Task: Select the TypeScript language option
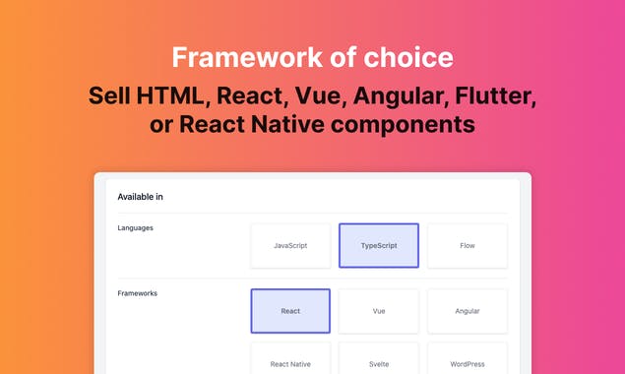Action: click(x=379, y=245)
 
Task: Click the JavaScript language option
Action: click(x=290, y=245)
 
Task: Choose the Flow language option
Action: click(x=468, y=245)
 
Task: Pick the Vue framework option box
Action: click(x=379, y=311)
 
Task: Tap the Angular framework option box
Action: click(x=468, y=311)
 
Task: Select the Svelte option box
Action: click(x=379, y=363)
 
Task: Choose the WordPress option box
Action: click(x=468, y=363)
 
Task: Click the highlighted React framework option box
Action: click(x=290, y=311)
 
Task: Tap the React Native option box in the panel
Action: click(x=290, y=363)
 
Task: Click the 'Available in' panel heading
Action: click(x=140, y=197)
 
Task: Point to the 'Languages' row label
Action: click(x=135, y=228)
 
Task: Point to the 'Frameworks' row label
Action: click(x=137, y=293)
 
